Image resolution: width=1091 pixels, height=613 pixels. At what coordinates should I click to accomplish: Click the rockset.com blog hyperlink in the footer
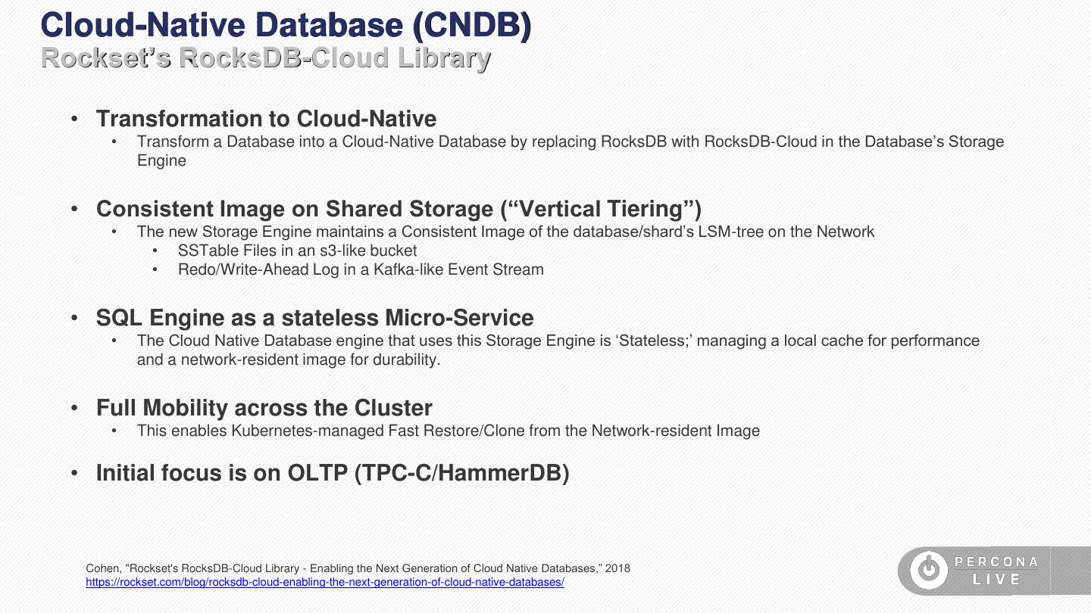tap(325, 583)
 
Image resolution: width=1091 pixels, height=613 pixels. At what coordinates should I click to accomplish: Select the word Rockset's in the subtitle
tap(106, 58)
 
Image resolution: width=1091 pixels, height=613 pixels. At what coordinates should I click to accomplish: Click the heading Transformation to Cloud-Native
tap(266, 119)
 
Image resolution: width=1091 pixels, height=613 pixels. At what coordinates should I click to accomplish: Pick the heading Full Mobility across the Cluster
tap(264, 408)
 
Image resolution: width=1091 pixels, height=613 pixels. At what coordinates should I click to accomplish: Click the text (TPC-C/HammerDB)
tap(461, 473)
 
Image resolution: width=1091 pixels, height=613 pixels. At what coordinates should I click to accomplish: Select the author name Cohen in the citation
tap(102, 568)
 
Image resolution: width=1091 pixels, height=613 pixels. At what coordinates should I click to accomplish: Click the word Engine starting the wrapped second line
tap(161, 160)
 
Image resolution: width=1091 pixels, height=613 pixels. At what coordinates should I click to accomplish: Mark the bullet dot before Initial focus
tap(75, 473)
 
